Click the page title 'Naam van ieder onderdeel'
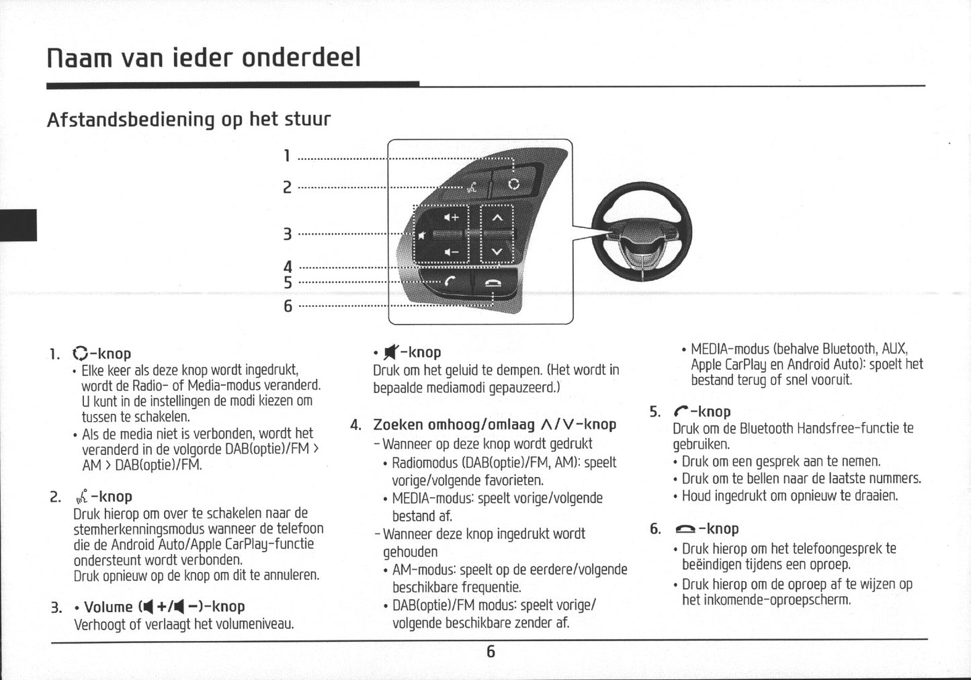[x=204, y=58]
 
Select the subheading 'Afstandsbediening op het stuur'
[x=189, y=120]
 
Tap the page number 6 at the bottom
[x=491, y=651]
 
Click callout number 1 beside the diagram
[x=287, y=157]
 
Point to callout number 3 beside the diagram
[x=287, y=235]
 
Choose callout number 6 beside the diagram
[x=288, y=306]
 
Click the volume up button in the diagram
[x=451, y=218]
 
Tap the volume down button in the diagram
[x=451, y=253]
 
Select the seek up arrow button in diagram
[x=497, y=218]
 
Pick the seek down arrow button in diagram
[x=497, y=253]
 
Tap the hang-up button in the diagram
[x=494, y=283]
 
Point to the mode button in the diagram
[x=513, y=183]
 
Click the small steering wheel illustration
[x=641, y=232]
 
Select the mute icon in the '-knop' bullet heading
[x=390, y=352]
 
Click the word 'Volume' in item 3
[x=108, y=607]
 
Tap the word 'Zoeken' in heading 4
[x=398, y=425]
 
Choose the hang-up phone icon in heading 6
[x=685, y=529]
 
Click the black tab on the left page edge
[x=18, y=225]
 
